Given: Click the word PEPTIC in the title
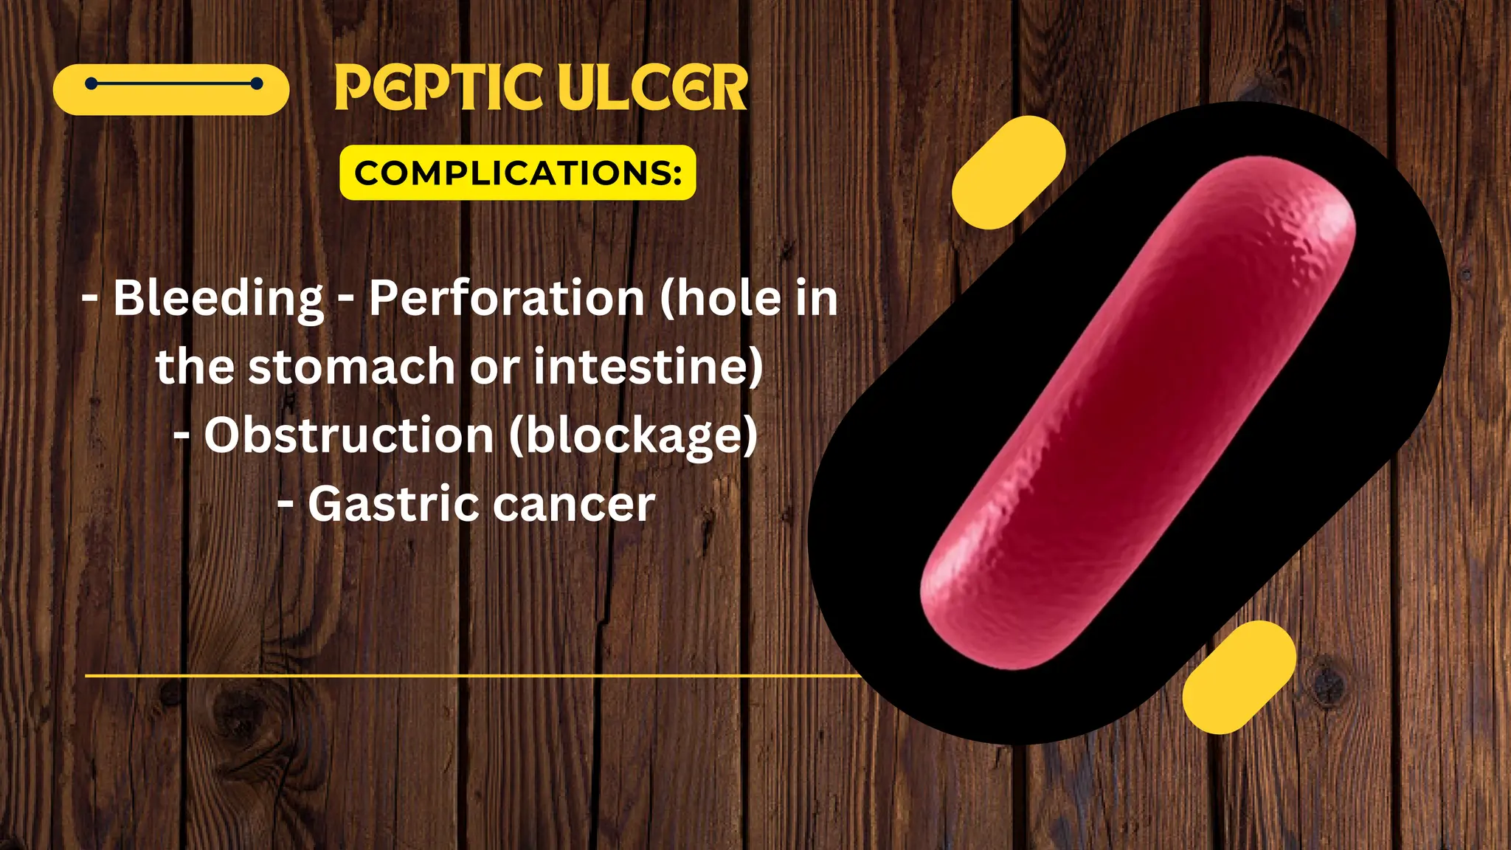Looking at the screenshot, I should coord(439,88).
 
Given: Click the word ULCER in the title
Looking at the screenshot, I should coord(653,88).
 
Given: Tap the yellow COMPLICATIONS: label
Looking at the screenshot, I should coord(517,173).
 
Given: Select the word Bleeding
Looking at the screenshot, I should coord(218,298).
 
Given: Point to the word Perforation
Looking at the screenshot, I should coord(508,298).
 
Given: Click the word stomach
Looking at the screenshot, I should coord(351,367).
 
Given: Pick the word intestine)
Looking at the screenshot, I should coord(648,367).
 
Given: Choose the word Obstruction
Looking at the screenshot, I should coord(349,435).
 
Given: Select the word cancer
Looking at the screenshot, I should coord(574,504).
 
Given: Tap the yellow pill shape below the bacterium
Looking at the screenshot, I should coord(1239,677).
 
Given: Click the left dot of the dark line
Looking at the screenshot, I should coord(91,84).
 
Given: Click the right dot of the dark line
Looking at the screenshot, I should coord(257,84).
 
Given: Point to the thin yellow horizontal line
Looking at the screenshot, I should coord(472,675).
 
